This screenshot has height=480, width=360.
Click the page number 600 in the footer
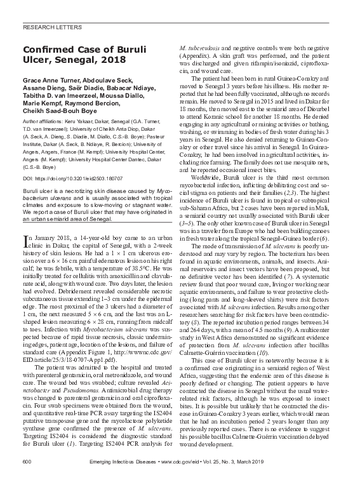click(27, 460)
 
